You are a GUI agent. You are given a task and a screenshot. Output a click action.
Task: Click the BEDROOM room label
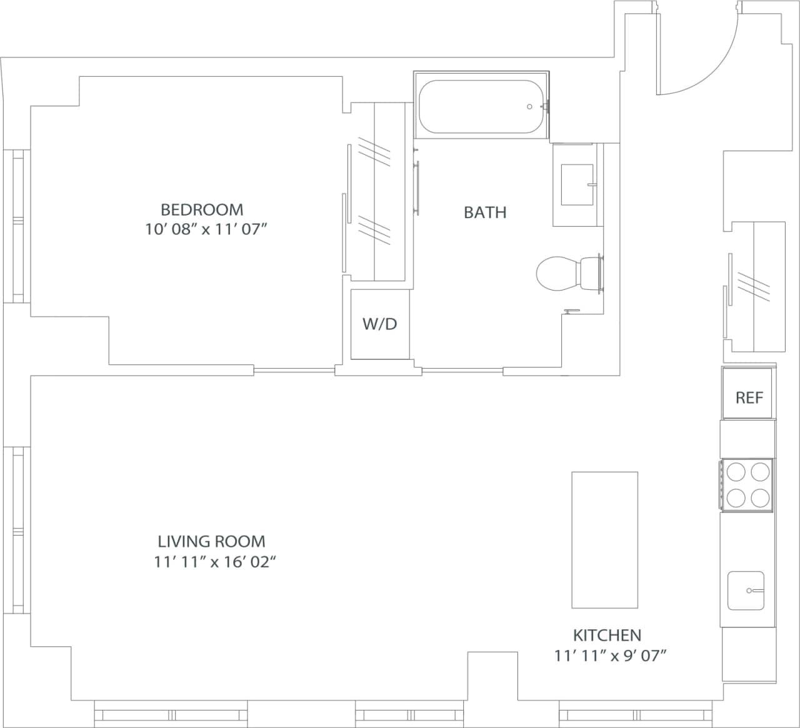pos(202,209)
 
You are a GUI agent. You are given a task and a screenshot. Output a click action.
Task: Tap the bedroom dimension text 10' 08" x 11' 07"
pos(206,229)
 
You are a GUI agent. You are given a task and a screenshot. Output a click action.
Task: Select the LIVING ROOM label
pos(211,541)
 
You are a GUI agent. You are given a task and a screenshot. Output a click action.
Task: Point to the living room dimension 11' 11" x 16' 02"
pos(215,562)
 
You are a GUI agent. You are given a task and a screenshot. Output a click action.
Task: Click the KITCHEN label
pos(607,636)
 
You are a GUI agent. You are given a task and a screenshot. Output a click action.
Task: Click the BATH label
pos(485,212)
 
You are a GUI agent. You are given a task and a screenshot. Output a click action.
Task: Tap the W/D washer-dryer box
pos(380,324)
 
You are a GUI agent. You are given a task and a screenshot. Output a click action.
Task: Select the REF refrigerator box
pos(749,397)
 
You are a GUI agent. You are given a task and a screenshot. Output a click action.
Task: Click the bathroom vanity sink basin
pos(576,184)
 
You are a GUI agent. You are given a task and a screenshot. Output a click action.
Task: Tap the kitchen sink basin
pos(746,590)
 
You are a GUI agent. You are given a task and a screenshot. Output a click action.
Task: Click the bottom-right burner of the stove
pos(760,498)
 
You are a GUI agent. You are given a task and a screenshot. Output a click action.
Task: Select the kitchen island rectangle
pos(604,540)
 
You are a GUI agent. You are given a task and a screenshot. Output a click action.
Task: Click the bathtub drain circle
pos(530,107)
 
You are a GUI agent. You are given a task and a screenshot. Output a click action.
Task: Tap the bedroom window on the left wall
pos(17,226)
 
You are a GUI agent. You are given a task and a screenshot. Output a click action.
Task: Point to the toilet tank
pos(591,274)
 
